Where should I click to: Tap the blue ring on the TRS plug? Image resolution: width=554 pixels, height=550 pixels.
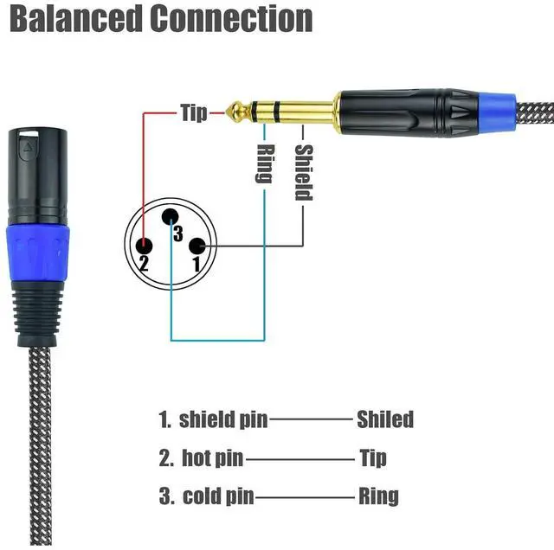click(501, 111)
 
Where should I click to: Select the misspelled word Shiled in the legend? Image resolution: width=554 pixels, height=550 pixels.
click(385, 420)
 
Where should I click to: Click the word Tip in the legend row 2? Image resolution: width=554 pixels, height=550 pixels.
click(372, 457)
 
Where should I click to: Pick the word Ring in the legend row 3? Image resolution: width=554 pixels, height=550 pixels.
click(378, 496)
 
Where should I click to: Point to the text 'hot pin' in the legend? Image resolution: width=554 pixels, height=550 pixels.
click(212, 457)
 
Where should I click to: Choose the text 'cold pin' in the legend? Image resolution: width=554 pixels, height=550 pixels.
click(218, 496)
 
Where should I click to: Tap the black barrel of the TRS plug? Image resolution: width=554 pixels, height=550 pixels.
click(407, 111)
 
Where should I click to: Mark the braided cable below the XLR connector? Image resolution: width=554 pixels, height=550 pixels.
click(38, 432)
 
